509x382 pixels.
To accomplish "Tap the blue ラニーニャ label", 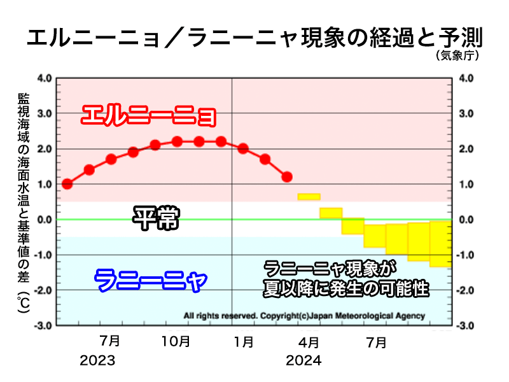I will click(x=151, y=279).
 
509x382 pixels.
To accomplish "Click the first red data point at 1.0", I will click(x=67, y=184).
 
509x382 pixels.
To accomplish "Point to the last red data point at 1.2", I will click(x=287, y=176).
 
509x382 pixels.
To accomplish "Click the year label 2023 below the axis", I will click(x=97, y=360).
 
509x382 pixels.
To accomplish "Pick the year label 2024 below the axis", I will click(x=303, y=360).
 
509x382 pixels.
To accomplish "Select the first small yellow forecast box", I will click(x=309, y=197).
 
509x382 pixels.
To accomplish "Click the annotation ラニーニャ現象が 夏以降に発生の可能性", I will click(x=347, y=279).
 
